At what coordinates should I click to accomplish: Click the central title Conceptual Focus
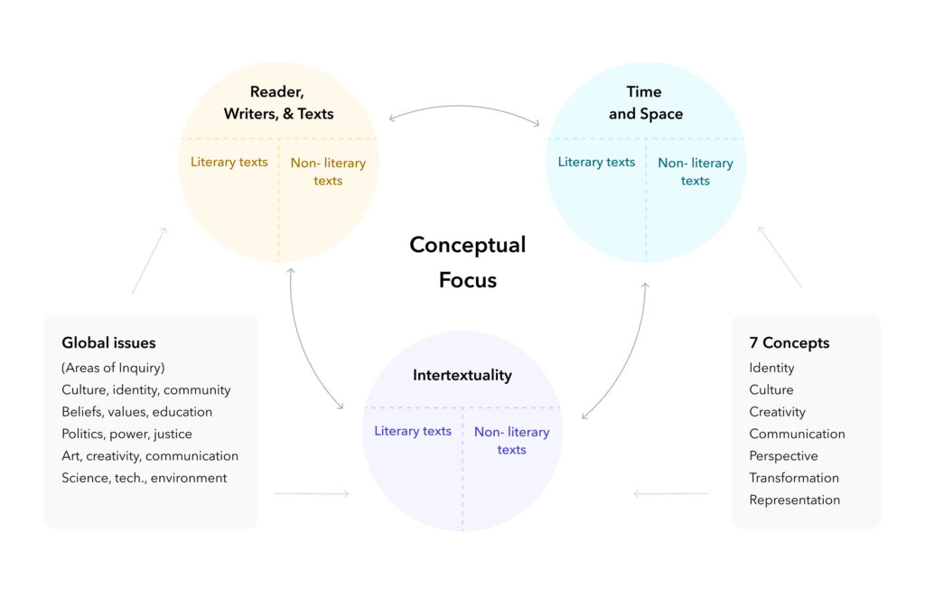(x=467, y=262)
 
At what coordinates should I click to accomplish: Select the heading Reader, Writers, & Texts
(x=278, y=103)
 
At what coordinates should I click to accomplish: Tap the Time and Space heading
(x=645, y=103)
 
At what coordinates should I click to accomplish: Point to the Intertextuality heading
(x=462, y=375)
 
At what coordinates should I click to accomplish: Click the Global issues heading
(x=108, y=343)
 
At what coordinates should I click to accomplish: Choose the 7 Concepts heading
(x=789, y=343)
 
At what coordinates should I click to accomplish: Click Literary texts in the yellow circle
(x=229, y=163)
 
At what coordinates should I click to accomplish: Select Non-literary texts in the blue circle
(x=695, y=172)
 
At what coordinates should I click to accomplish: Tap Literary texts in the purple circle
(x=412, y=431)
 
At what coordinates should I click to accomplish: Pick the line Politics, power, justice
(x=126, y=434)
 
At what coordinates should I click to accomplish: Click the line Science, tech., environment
(x=144, y=478)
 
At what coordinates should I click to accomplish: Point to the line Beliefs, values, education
(x=136, y=412)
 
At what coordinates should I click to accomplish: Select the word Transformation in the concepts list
(x=794, y=478)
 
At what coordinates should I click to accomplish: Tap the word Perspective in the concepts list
(x=783, y=456)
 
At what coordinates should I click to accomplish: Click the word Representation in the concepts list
(x=794, y=500)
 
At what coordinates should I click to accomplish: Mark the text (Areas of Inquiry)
(x=113, y=368)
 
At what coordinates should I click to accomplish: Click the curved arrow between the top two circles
(x=463, y=108)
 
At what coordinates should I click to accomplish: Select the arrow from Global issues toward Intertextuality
(x=312, y=494)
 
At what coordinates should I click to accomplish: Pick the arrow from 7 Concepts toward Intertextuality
(x=671, y=494)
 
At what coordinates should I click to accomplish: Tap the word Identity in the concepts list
(x=771, y=368)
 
